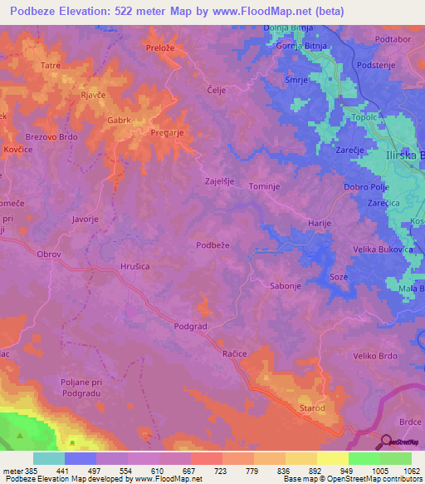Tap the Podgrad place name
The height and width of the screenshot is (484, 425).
point(189,327)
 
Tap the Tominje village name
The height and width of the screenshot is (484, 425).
point(261,187)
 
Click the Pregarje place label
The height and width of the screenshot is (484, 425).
point(169,131)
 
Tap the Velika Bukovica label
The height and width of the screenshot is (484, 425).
point(384,249)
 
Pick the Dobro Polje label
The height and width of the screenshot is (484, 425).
point(365,187)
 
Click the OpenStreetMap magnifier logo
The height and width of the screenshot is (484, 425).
point(386,442)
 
